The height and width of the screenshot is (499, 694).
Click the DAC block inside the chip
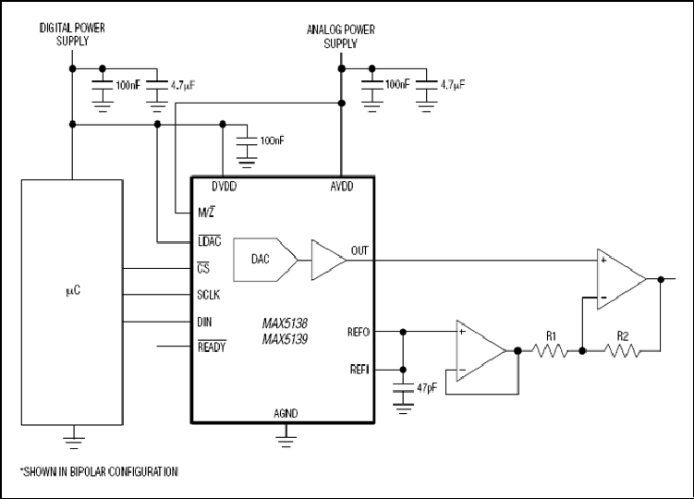(264, 260)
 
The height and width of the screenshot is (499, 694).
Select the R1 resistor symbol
(550, 351)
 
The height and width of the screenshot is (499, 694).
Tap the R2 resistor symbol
(621, 351)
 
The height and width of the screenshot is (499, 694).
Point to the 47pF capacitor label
(427, 388)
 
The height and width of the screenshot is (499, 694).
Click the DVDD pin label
(224, 187)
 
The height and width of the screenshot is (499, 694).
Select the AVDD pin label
(342, 187)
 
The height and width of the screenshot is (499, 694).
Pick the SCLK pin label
(209, 295)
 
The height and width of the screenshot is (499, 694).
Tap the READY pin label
(212, 347)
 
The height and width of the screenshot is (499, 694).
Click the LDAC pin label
(210, 241)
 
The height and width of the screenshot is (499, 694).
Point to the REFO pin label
(359, 332)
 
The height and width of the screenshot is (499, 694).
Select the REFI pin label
(359, 370)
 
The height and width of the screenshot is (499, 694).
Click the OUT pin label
(359, 250)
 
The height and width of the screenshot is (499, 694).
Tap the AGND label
(286, 414)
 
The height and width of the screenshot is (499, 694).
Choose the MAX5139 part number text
(285, 339)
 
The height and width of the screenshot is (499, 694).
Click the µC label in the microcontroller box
(73, 290)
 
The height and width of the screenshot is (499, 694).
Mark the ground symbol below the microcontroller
(74, 441)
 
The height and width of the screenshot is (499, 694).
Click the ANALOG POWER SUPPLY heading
(341, 36)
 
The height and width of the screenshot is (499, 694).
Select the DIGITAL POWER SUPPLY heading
(73, 34)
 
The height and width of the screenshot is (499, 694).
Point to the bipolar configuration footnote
(99, 472)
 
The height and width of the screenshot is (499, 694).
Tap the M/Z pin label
(206, 213)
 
